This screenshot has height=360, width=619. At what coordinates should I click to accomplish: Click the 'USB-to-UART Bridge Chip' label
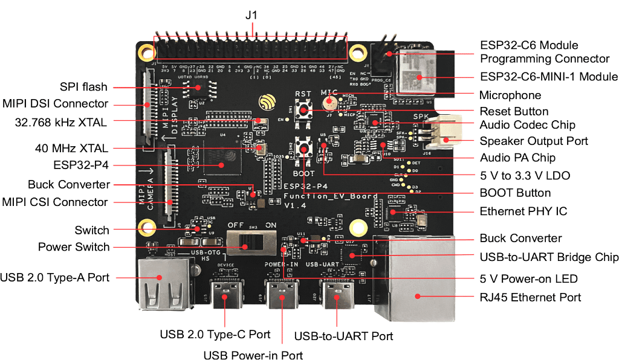(x=549, y=257)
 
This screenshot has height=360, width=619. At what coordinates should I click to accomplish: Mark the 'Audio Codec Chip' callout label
(x=527, y=125)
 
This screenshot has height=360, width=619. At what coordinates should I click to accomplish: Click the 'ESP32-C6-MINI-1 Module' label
(x=549, y=77)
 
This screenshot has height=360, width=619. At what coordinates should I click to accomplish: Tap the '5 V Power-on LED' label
(x=529, y=279)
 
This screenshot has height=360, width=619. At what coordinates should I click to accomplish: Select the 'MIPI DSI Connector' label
(x=55, y=103)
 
